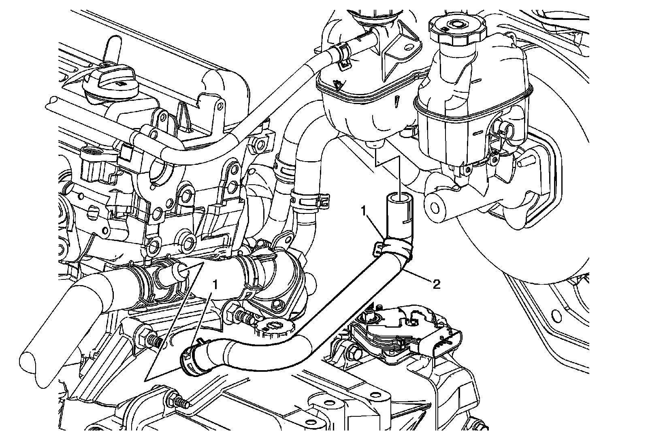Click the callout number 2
click(436, 284)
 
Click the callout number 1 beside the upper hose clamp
click(364, 211)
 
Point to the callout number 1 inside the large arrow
click(216, 284)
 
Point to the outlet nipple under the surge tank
click(375, 145)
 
